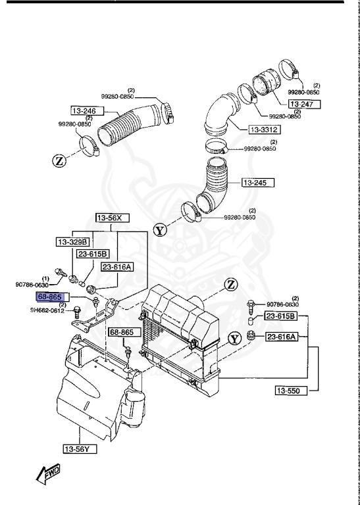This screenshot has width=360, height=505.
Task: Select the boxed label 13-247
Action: pyautogui.click(x=305, y=105)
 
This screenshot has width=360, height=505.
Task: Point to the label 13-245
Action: pyautogui.click(x=258, y=182)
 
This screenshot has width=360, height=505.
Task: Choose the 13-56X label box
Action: pyautogui.click(x=112, y=217)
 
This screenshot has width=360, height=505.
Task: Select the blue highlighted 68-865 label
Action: pyautogui.click(x=49, y=297)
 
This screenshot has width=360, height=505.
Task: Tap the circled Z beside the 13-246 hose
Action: pyautogui.click(x=58, y=159)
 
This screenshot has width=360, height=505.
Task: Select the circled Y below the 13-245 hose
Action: pyautogui.click(x=160, y=230)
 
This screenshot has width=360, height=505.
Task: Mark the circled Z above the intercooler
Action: pyautogui.click(x=230, y=284)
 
